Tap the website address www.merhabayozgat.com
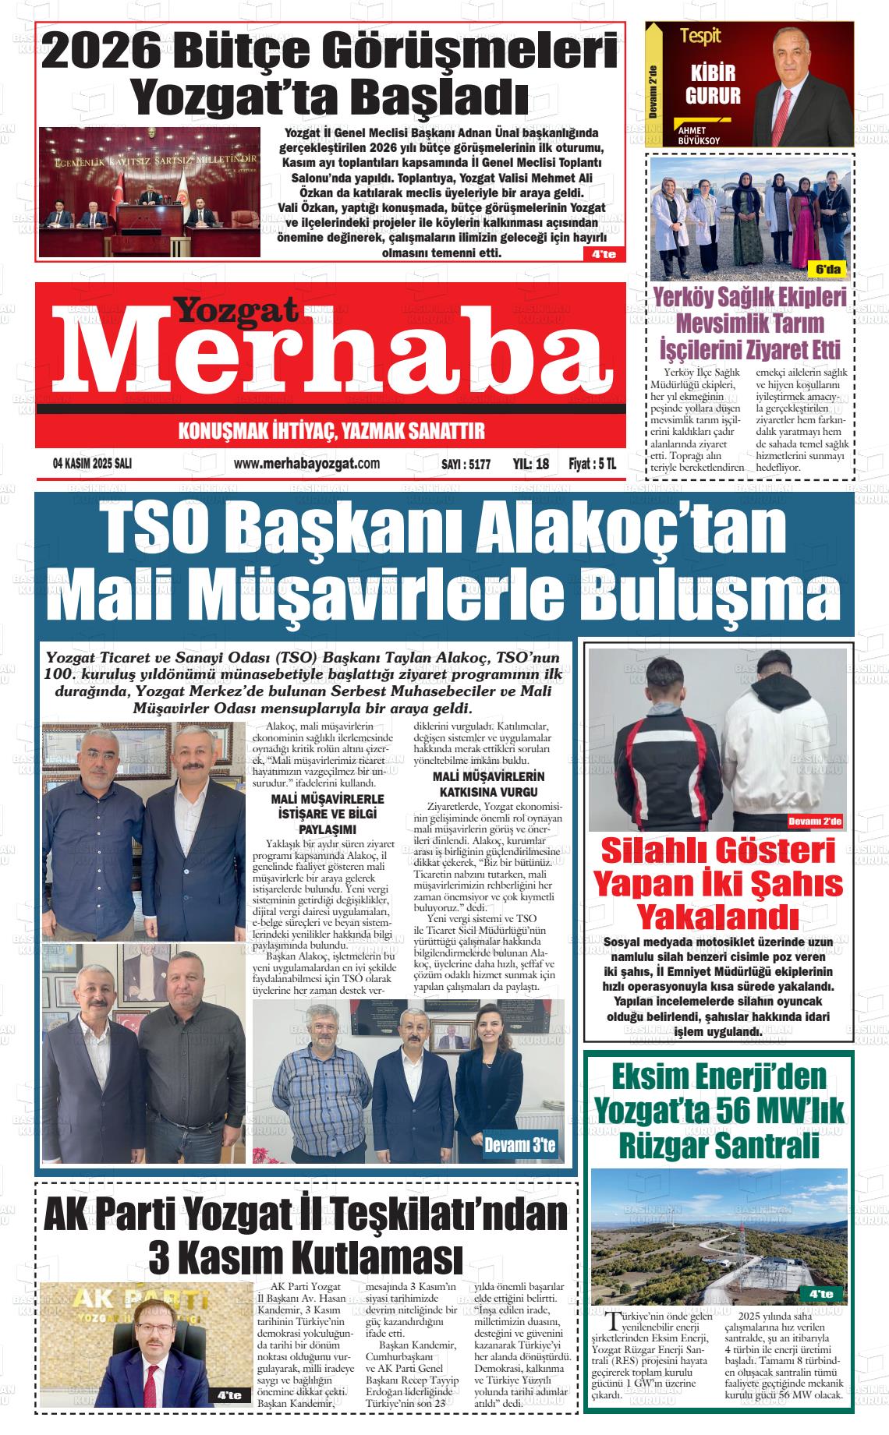click(x=306, y=464)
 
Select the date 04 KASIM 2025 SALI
click(x=92, y=464)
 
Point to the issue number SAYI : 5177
click(x=466, y=464)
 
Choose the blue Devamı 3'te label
click(x=520, y=1145)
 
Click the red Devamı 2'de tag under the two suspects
click(x=815, y=821)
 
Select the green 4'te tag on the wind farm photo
click(x=820, y=1294)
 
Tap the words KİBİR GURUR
click(x=712, y=85)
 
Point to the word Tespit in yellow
click(x=700, y=36)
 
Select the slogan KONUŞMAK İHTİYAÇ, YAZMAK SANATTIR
click(x=331, y=431)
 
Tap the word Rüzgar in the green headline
click(x=662, y=1146)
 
